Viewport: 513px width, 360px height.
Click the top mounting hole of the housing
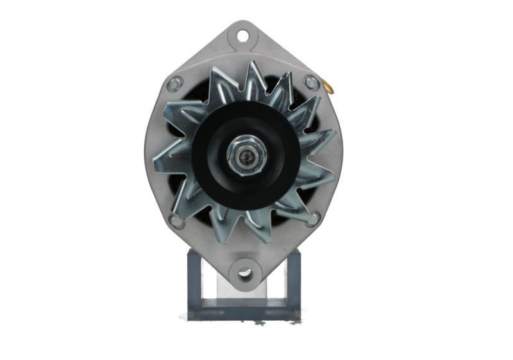(244, 35)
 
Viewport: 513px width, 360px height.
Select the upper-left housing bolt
(174, 83)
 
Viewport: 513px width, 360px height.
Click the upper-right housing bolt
(311, 82)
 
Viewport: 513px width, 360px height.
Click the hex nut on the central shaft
(244, 156)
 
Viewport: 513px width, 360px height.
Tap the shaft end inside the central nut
(244, 156)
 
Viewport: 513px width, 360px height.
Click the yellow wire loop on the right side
(328, 87)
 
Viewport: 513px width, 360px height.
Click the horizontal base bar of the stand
(244, 311)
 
